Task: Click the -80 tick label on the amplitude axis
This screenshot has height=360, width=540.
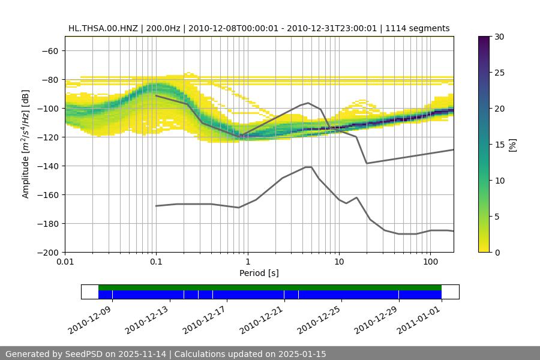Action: tap(50, 79)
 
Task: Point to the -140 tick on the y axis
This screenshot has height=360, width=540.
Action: tap(50, 166)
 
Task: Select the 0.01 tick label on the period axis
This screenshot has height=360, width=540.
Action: tap(65, 262)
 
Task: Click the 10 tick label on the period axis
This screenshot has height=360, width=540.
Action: tap(339, 262)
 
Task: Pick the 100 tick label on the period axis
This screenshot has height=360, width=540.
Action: tap(430, 262)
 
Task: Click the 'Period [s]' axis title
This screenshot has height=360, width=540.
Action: tap(259, 273)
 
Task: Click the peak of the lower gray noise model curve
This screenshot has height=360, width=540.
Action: tap(308, 167)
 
